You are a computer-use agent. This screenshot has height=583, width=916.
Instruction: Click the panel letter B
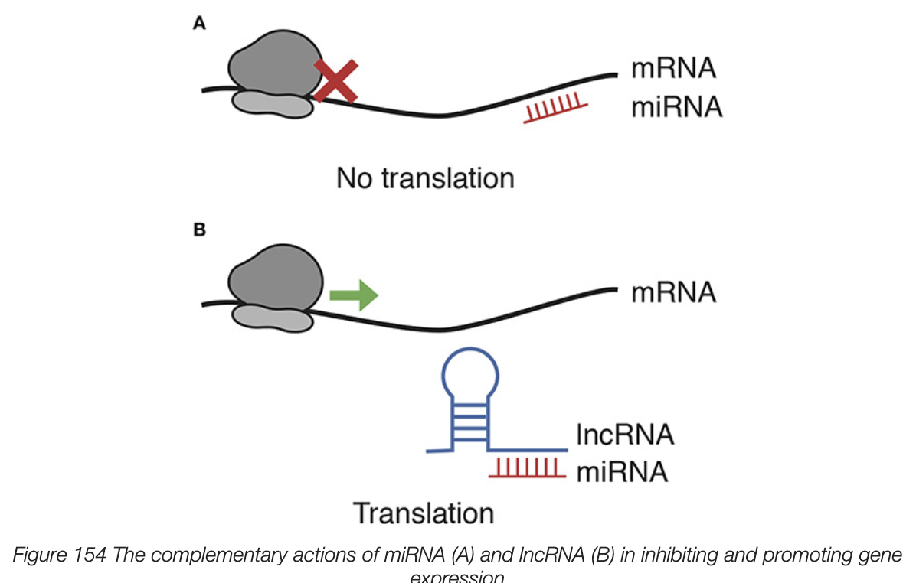[199, 230]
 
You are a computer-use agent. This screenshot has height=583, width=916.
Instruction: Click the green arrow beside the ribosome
[353, 294]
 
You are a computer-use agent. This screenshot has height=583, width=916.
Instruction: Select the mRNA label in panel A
[673, 69]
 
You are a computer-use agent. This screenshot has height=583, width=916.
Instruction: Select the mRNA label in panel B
[673, 292]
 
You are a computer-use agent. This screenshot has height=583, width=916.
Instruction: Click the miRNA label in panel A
[676, 108]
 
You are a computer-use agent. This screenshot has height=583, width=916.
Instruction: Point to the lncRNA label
[625, 435]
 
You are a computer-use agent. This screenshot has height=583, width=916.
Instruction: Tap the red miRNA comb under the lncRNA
[528, 467]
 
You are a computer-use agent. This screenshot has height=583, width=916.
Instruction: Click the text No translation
[425, 178]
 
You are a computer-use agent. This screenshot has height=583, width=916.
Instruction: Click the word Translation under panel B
[423, 513]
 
